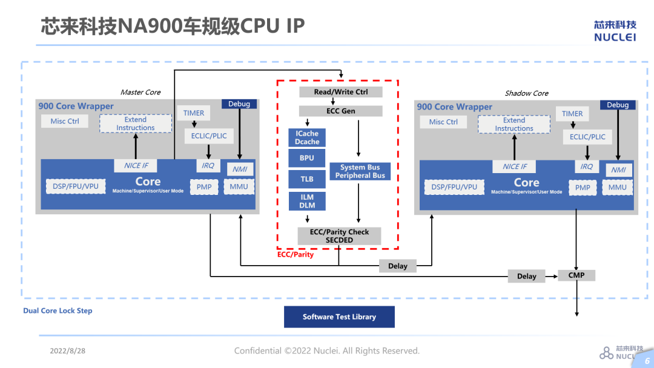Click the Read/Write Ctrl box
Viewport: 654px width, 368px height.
[341, 92]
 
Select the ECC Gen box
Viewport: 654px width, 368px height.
[341, 111]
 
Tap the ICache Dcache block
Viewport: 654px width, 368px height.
[307, 137]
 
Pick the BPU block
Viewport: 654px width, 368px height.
[307, 158]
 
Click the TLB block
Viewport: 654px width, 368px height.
[307, 179]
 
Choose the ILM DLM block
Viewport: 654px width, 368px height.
[307, 201]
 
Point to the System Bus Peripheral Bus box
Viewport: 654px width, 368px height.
[360, 171]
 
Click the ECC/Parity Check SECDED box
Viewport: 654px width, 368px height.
[339, 236]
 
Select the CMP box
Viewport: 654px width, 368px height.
[576, 275]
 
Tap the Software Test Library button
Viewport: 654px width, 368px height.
[339, 317]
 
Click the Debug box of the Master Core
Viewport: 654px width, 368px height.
[239, 104]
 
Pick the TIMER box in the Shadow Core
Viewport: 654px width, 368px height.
[572, 114]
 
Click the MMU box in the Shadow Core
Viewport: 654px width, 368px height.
[618, 188]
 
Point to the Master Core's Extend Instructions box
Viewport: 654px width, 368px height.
[136, 123]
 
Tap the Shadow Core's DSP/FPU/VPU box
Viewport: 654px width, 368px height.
[454, 187]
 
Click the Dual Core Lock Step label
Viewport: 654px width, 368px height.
[58, 310]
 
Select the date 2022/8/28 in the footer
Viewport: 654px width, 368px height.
[68, 351]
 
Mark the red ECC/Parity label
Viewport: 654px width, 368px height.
[296, 254]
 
